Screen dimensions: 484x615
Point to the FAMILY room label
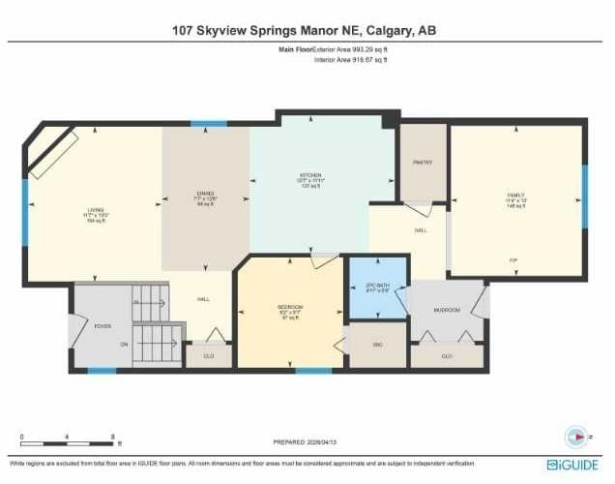(516, 195)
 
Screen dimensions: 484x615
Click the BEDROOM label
(290, 307)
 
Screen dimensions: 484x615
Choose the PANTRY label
(422, 162)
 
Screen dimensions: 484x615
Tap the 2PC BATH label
(376, 286)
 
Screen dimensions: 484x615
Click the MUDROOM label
(447, 310)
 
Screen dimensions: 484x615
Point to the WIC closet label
(378, 344)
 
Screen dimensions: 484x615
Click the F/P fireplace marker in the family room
(513, 260)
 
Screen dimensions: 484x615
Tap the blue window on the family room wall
(584, 197)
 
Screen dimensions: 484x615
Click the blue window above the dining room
(203, 124)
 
